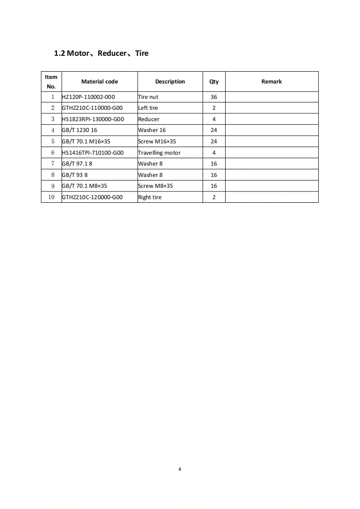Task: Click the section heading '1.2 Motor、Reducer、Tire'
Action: [x=101, y=53]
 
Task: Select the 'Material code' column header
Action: [x=99, y=82]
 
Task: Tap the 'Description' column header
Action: [x=170, y=82]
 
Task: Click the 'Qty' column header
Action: [x=214, y=82]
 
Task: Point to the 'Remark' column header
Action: [x=271, y=82]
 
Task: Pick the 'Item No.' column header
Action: [x=51, y=82]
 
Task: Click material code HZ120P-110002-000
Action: [x=85, y=97]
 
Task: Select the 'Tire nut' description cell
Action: [x=148, y=97]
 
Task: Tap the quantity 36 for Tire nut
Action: [x=214, y=97]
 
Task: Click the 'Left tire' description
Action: [x=148, y=108]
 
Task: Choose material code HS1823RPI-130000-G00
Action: [x=93, y=119]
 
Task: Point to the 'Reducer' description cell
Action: [x=149, y=119]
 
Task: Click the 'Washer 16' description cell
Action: [x=152, y=130]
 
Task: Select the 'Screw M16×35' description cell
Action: [x=157, y=142]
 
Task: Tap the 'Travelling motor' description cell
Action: [x=159, y=153]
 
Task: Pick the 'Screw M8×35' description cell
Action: [x=155, y=186]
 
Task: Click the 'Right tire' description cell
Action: [x=150, y=197]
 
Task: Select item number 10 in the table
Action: [x=51, y=197]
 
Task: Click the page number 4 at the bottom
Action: [x=180, y=469]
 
